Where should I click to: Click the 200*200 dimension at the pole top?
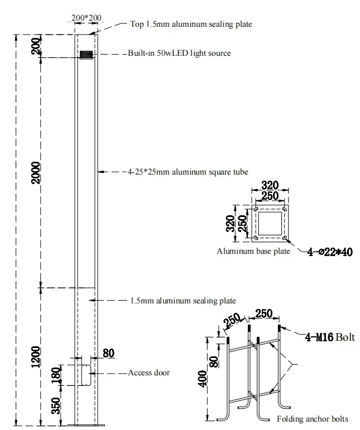(x=87, y=18)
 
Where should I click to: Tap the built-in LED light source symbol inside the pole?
(x=85, y=55)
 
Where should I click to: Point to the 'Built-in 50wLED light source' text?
(x=179, y=53)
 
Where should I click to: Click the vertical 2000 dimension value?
(x=36, y=172)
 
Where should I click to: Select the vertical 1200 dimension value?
(x=36, y=357)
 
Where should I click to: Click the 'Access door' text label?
(x=148, y=373)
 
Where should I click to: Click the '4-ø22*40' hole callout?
(x=330, y=252)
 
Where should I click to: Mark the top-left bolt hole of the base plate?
(x=255, y=210)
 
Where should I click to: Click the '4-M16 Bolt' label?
(x=329, y=337)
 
